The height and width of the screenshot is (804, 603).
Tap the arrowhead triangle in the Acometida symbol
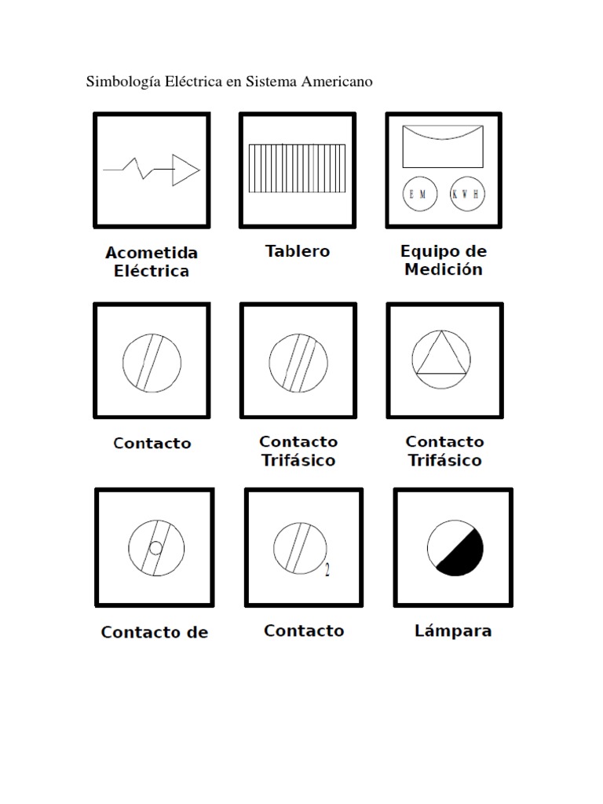tap(185, 170)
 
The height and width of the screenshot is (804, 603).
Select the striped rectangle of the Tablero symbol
tap(297, 168)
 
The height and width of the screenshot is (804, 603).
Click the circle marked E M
tap(418, 195)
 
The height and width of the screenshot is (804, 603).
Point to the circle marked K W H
tap(468, 195)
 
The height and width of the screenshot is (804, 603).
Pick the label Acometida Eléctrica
tap(152, 262)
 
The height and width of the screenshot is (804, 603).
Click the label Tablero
tap(297, 252)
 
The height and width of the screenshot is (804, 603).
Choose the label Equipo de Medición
tap(443, 261)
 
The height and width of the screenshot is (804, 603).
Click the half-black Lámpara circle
tap(455, 547)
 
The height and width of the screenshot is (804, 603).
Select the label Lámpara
tap(453, 631)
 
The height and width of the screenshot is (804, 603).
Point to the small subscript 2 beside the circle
tap(327, 571)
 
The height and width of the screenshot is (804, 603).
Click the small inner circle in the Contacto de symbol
tap(156, 548)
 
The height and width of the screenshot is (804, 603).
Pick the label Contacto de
tap(154, 633)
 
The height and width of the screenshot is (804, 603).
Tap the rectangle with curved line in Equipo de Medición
tap(442, 146)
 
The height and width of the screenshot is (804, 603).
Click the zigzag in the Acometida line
tap(143, 167)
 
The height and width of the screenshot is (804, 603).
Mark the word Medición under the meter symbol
tap(444, 270)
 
